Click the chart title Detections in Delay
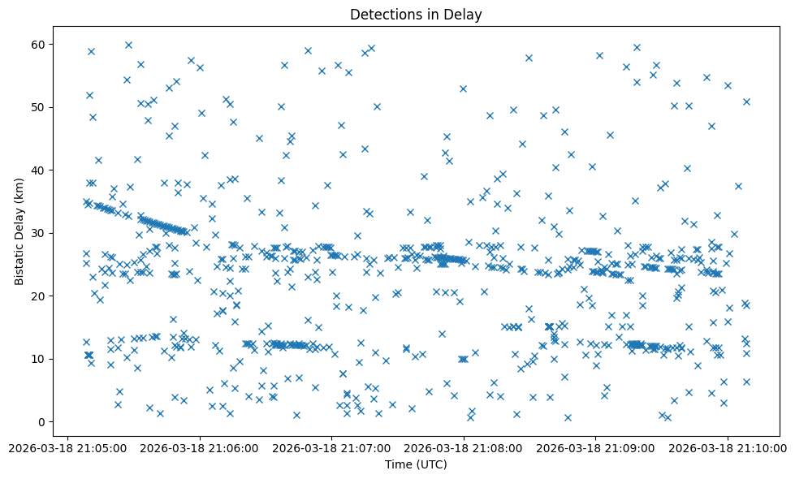415,14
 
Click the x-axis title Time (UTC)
415,465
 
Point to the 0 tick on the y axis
42,422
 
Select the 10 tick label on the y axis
39,359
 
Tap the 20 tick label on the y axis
39,296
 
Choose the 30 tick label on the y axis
39,233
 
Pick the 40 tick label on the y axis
39,170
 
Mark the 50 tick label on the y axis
39,107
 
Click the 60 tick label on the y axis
39,44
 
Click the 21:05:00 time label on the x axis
67,447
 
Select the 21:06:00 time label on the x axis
199,447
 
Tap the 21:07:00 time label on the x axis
331,447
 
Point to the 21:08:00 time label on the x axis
464,447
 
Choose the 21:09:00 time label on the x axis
596,447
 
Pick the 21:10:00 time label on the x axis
728,447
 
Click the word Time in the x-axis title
398,465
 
